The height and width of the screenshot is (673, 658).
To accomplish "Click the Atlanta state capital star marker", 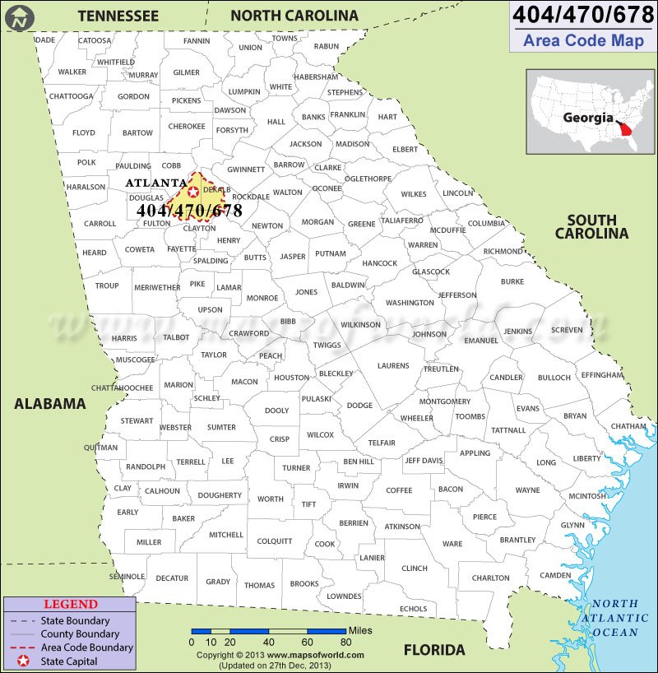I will pyautogui.click(x=193, y=192).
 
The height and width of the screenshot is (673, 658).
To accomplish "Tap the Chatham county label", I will pyautogui.click(x=628, y=426).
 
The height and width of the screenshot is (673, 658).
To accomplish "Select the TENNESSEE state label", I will pyautogui.click(x=118, y=16).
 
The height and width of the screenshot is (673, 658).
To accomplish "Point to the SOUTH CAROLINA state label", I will pyautogui.click(x=591, y=226).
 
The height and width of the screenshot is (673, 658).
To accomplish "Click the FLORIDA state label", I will pyautogui.click(x=434, y=649).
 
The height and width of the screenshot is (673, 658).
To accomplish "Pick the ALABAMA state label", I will pyautogui.click(x=49, y=403).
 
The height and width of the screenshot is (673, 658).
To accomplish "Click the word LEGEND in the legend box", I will pyautogui.click(x=71, y=604).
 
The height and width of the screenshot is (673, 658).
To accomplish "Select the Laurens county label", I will pyautogui.click(x=393, y=365).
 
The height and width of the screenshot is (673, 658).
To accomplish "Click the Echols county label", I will pyautogui.click(x=413, y=609).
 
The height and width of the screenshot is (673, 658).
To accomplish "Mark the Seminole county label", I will pyautogui.click(x=127, y=576).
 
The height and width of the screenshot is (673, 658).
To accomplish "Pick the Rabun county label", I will pyautogui.click(x=327, y=47).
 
